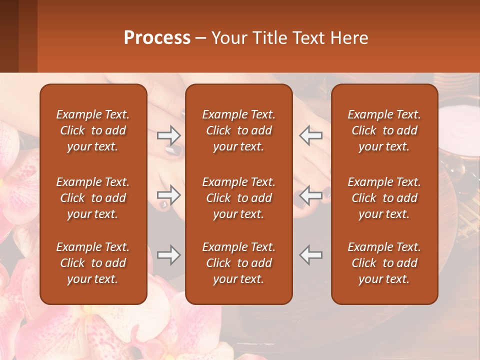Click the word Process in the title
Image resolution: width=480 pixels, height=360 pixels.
157,38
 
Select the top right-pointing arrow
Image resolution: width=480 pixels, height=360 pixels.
168,135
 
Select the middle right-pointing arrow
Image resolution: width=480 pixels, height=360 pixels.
168,195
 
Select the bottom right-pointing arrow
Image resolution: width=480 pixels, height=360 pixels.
168,255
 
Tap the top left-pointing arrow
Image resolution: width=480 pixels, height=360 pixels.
310,135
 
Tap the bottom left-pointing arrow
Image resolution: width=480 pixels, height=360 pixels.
310,255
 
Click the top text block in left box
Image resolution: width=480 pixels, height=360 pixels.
93,130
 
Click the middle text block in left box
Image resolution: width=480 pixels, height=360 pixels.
93,198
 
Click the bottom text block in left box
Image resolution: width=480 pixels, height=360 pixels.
93,263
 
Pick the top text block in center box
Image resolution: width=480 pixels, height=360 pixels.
238,130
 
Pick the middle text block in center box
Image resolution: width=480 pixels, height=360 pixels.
238,198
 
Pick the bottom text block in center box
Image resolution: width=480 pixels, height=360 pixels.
238,263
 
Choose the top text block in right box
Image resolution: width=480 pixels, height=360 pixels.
384,130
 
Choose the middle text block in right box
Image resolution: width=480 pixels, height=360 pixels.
384,198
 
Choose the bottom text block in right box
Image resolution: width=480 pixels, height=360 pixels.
384,263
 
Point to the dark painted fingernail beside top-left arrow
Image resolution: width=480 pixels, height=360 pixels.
171,149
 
